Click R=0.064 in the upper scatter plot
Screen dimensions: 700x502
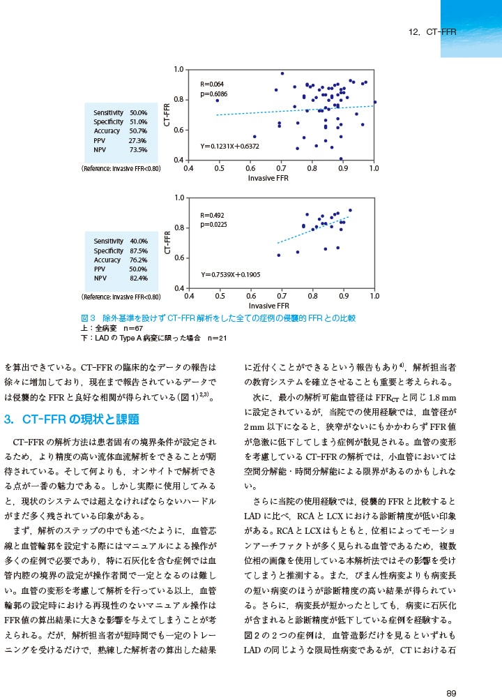212,84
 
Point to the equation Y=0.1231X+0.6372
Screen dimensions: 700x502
229,147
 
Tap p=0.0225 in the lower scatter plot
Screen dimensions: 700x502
213,225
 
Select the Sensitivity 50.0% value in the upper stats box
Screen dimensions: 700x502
138,112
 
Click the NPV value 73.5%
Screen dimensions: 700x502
138,149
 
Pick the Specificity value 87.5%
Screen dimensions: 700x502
139,251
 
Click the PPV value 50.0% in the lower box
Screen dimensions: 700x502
139,269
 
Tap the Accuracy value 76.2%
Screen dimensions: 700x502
139,260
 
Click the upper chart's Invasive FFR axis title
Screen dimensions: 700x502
268,178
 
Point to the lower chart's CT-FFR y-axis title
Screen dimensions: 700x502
168,242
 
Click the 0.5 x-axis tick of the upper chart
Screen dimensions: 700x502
219,168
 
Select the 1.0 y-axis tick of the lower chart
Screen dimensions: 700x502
178,198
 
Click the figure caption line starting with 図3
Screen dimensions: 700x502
218,318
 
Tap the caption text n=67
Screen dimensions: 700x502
133,328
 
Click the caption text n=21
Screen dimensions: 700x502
218,338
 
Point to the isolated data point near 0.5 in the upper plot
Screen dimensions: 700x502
218,100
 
